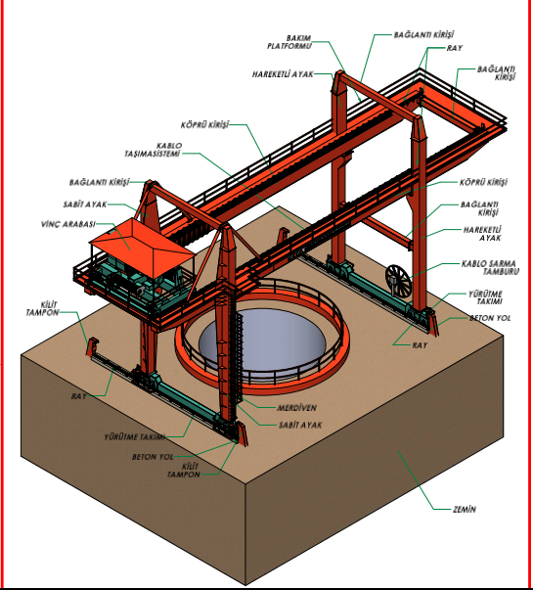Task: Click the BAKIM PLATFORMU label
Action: [x=289, y=42]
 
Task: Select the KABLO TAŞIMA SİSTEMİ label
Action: [x=153, y=150]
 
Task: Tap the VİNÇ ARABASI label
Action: [x=68, y=224]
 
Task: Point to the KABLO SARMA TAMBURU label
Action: [x=490, y=267]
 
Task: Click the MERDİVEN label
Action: [x=296, y=408]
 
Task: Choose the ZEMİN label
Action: [x=465, y=510]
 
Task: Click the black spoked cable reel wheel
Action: [x=398, y=280]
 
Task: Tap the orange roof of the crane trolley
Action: [x=142, y=241]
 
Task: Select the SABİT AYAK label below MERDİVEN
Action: [x=300, y=426]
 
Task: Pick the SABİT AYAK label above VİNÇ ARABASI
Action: [x=85, y=204]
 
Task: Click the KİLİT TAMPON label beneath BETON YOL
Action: [x=184, y=471]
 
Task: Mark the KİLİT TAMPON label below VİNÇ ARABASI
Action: [x=42, y=309]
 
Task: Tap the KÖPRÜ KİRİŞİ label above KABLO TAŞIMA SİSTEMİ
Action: [x=204, y=125]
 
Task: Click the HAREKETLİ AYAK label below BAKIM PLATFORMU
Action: [x=283, y=74]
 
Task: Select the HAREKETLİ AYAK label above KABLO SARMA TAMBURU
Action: [x=482, y=234]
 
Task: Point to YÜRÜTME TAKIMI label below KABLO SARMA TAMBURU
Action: [x=485, y=297]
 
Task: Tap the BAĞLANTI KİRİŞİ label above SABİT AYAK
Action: [x=99, y=183]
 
